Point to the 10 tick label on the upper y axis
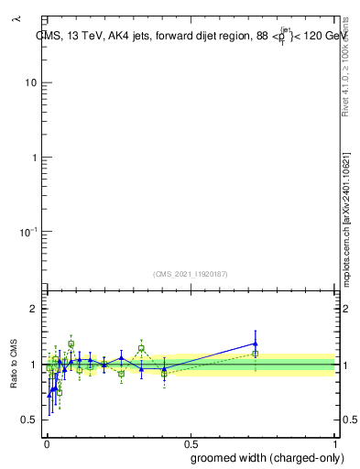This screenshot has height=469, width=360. pos(30,83)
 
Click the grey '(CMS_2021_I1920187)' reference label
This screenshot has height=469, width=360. pos(190,274)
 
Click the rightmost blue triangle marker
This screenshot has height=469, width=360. pos(256,344)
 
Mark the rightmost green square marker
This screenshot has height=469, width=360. pos(256,354)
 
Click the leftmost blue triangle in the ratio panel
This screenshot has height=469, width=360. pos(49,395)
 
